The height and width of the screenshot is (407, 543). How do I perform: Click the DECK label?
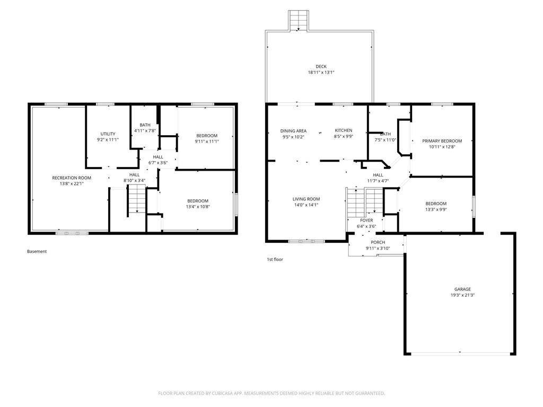321,66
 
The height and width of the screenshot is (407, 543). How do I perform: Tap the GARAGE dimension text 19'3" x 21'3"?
462,295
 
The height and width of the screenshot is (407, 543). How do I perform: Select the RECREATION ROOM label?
72,178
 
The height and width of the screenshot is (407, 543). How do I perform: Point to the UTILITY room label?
108,134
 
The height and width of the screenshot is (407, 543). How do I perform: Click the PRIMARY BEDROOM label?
442,141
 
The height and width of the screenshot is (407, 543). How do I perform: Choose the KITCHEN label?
344,130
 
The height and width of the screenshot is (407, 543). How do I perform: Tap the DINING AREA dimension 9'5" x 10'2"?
293,137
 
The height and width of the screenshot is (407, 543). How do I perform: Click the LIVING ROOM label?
306,199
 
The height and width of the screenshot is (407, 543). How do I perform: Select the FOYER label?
366,220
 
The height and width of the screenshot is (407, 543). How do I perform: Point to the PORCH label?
378,242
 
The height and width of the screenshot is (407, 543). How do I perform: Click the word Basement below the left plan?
37,252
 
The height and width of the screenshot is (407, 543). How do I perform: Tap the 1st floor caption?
275,259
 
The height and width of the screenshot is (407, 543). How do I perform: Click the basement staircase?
137,199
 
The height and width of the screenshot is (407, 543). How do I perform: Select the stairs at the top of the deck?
299,21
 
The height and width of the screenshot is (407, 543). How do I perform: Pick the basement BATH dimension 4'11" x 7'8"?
145,131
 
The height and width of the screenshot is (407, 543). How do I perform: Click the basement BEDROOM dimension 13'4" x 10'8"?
198,207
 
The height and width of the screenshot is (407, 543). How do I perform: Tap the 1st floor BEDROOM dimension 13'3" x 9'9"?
436,209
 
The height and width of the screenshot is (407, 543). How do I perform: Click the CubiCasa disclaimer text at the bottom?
271,393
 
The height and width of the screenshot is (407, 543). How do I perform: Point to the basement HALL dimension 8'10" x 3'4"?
134,180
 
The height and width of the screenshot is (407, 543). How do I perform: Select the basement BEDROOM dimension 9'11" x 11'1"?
207,141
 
